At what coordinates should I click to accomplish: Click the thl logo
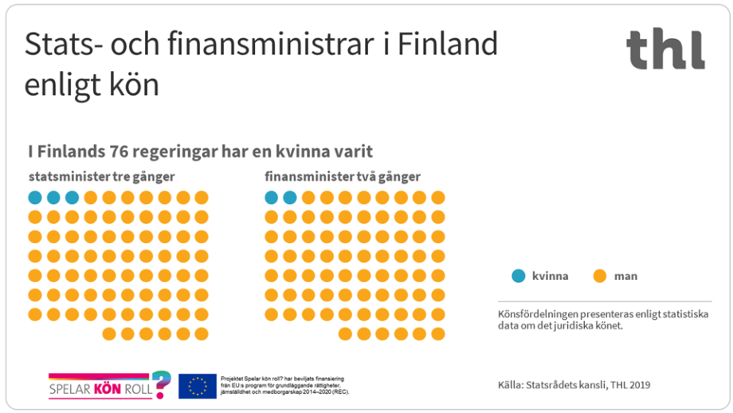click(665, 49)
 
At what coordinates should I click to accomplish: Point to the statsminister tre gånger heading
click(101, 176)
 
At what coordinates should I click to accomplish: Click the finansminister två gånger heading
click(343, 176)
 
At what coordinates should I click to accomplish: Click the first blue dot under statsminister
click(35, 197)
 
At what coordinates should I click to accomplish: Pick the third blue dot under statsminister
click(73, 197)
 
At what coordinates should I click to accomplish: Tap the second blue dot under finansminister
click(289, 197)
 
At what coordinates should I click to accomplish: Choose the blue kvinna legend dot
click(519, 276)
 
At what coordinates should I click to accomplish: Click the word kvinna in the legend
click(550, 276)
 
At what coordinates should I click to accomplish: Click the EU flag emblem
click(198, 386)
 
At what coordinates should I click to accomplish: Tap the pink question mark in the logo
click(161, 384)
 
